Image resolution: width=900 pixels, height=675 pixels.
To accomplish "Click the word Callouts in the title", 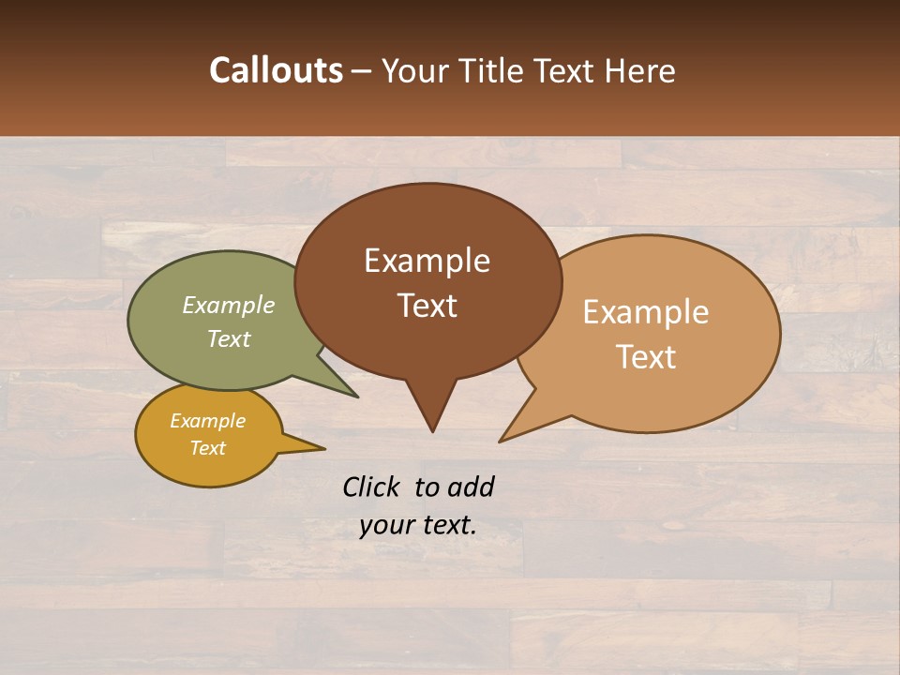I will point(276,70).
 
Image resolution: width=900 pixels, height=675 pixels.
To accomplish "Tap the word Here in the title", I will point(639,70).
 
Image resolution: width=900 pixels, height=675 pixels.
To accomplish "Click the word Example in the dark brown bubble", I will point(427,261).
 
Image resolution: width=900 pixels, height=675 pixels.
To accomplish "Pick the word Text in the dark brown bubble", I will point(427,306).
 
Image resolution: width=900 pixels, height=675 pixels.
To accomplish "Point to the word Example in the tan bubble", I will point(646,312).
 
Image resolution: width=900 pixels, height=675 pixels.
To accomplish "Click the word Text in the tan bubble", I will point(646,357).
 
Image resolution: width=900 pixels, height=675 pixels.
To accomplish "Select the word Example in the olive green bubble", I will point(229,305).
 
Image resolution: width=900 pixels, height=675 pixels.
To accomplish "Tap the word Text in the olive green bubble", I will point(229,338).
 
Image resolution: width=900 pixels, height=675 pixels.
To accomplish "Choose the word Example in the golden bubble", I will point(207,421).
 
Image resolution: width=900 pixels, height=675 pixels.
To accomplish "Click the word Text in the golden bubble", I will point(207,448).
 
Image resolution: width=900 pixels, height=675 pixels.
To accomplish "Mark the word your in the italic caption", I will point(385,525).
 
